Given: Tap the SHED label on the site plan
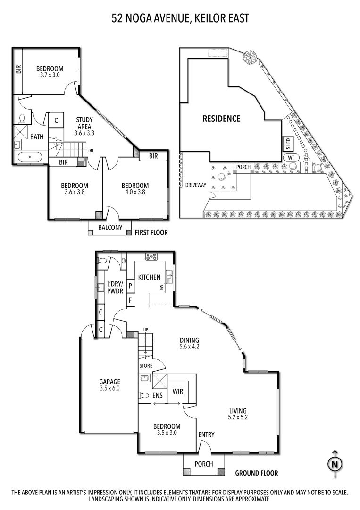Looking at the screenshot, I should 286,143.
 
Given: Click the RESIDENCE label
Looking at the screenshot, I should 221,119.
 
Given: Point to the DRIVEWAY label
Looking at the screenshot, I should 195,185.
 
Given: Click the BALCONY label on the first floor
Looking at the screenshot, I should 110,228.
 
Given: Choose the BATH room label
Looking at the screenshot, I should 37,137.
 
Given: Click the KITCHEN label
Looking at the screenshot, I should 149,277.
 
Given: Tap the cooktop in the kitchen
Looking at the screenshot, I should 152,257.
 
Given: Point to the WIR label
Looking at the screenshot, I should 177,391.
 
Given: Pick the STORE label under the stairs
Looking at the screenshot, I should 145,365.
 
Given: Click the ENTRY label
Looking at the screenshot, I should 206,434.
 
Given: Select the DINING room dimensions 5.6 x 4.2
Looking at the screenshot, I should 190,347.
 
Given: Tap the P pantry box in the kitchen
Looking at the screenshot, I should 129,286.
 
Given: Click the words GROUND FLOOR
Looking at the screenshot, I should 257,473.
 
